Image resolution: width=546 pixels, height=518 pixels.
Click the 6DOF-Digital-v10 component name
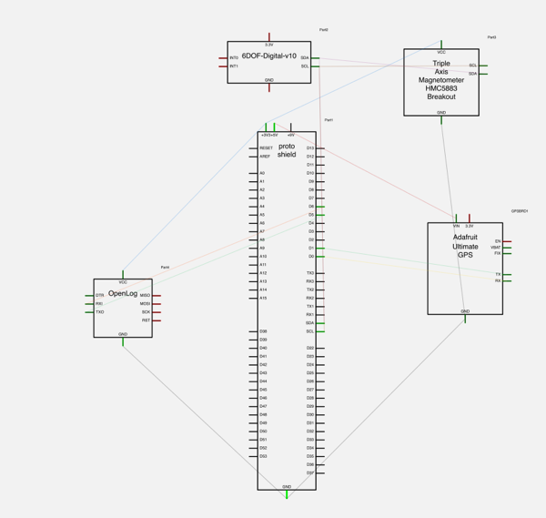(x=268, y=56)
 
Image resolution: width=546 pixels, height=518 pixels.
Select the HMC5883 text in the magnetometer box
(x=441, y=87)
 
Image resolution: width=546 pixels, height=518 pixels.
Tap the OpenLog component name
(x=122, y=294)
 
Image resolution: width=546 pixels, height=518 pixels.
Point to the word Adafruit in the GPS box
(x=465, y=238)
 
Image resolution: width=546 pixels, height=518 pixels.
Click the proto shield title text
(x=287, y=150)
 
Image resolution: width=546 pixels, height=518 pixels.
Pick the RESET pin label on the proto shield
(x=266, y=147)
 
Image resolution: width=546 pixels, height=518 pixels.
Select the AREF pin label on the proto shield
(x=265, y=157)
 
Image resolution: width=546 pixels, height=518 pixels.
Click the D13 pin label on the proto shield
(x=309, y=147)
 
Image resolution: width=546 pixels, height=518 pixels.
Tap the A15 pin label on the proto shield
(x=263, y=298)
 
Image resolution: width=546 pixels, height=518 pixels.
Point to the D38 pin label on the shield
(x=263, y=331)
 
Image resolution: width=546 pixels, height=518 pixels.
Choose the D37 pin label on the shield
(x=309, y=472)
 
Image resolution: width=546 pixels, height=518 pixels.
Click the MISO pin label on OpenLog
(x=145, y=296)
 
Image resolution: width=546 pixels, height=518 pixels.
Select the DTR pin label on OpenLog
(x=100, y=296)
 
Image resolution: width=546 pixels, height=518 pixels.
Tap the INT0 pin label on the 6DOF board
(x=234, y=58)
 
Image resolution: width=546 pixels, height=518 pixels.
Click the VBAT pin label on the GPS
(x=495, y=248)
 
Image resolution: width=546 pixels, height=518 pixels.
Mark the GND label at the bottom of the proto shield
(x=287, y=487)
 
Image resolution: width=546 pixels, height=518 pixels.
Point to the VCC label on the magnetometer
(x=441, y=52)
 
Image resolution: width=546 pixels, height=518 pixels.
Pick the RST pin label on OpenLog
(x=146, y=320)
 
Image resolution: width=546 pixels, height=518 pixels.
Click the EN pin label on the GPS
(x=497, y=241)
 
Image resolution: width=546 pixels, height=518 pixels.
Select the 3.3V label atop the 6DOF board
(x=268, y=44)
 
